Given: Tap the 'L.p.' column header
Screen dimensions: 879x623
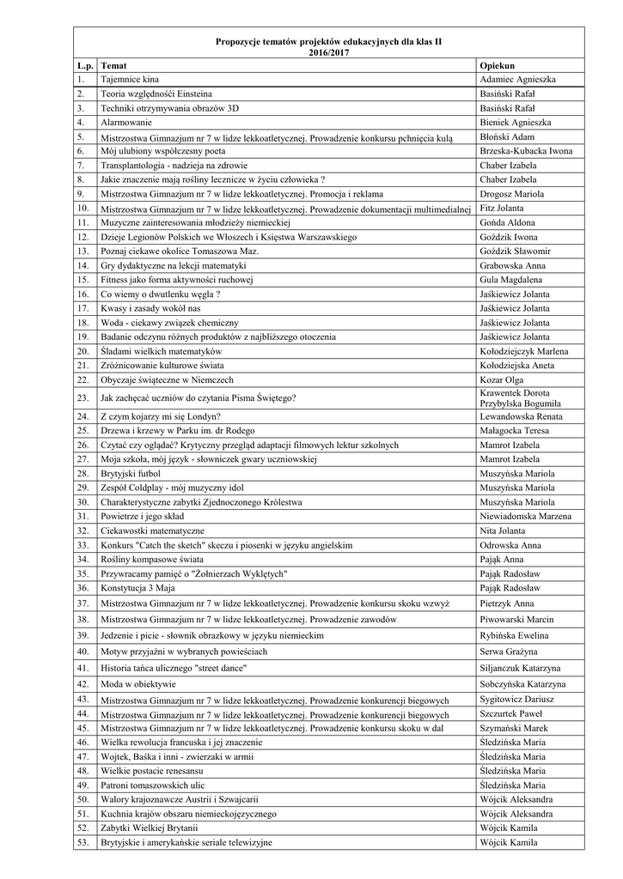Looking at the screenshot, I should pyautogui.click(x=84, y=66).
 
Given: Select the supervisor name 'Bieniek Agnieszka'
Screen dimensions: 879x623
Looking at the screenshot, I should pyautogui.click(x=521, y=123).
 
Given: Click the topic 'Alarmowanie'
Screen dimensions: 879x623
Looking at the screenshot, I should pyautogui.click(x=126, y=123).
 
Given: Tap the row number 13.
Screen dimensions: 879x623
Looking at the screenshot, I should pyautogui.click(x=82, y=251).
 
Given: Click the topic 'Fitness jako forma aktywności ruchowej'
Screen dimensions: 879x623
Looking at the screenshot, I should pyautogui.click(x=176, y=280).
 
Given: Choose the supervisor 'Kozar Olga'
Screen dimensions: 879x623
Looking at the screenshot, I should pyautogui.click(x=504, y=379).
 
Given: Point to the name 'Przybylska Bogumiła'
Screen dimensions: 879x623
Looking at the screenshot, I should pyautogui.click(x=520, y=403).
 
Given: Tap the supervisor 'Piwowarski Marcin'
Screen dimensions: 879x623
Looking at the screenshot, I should pyautogui.click(x=516, y=619).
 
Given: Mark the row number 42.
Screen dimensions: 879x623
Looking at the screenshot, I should pyautogui.click(x=82, y=684).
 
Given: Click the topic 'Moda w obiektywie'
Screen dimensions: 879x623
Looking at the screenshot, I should pyautogui.click(x=138, y=684).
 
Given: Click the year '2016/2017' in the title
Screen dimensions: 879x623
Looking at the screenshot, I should pyautogui.click(x=329, y=52).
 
